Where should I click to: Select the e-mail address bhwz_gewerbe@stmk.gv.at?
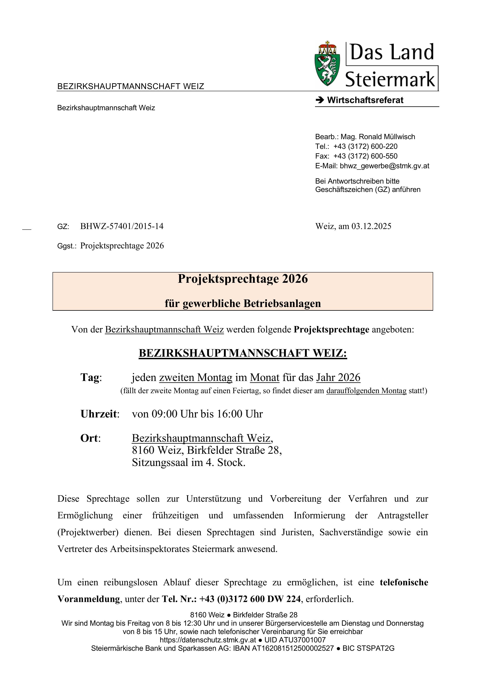pos(384,166)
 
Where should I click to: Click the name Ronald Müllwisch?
pos(387,137)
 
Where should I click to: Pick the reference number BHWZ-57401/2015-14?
pos(122,226)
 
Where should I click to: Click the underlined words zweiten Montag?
pos(196,378)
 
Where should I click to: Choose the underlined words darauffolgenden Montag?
pos(366,391)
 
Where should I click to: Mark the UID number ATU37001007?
pos(302,640)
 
